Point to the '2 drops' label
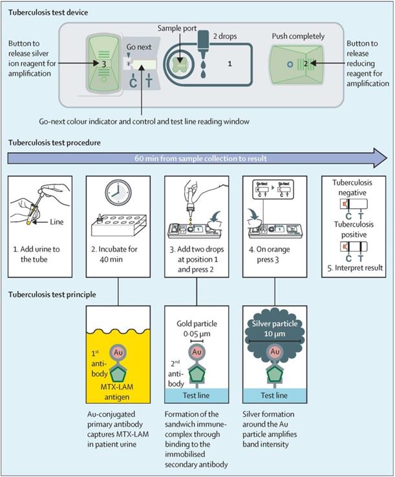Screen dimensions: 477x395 (227, 36)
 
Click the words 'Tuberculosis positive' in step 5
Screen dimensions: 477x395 (350, 227)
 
